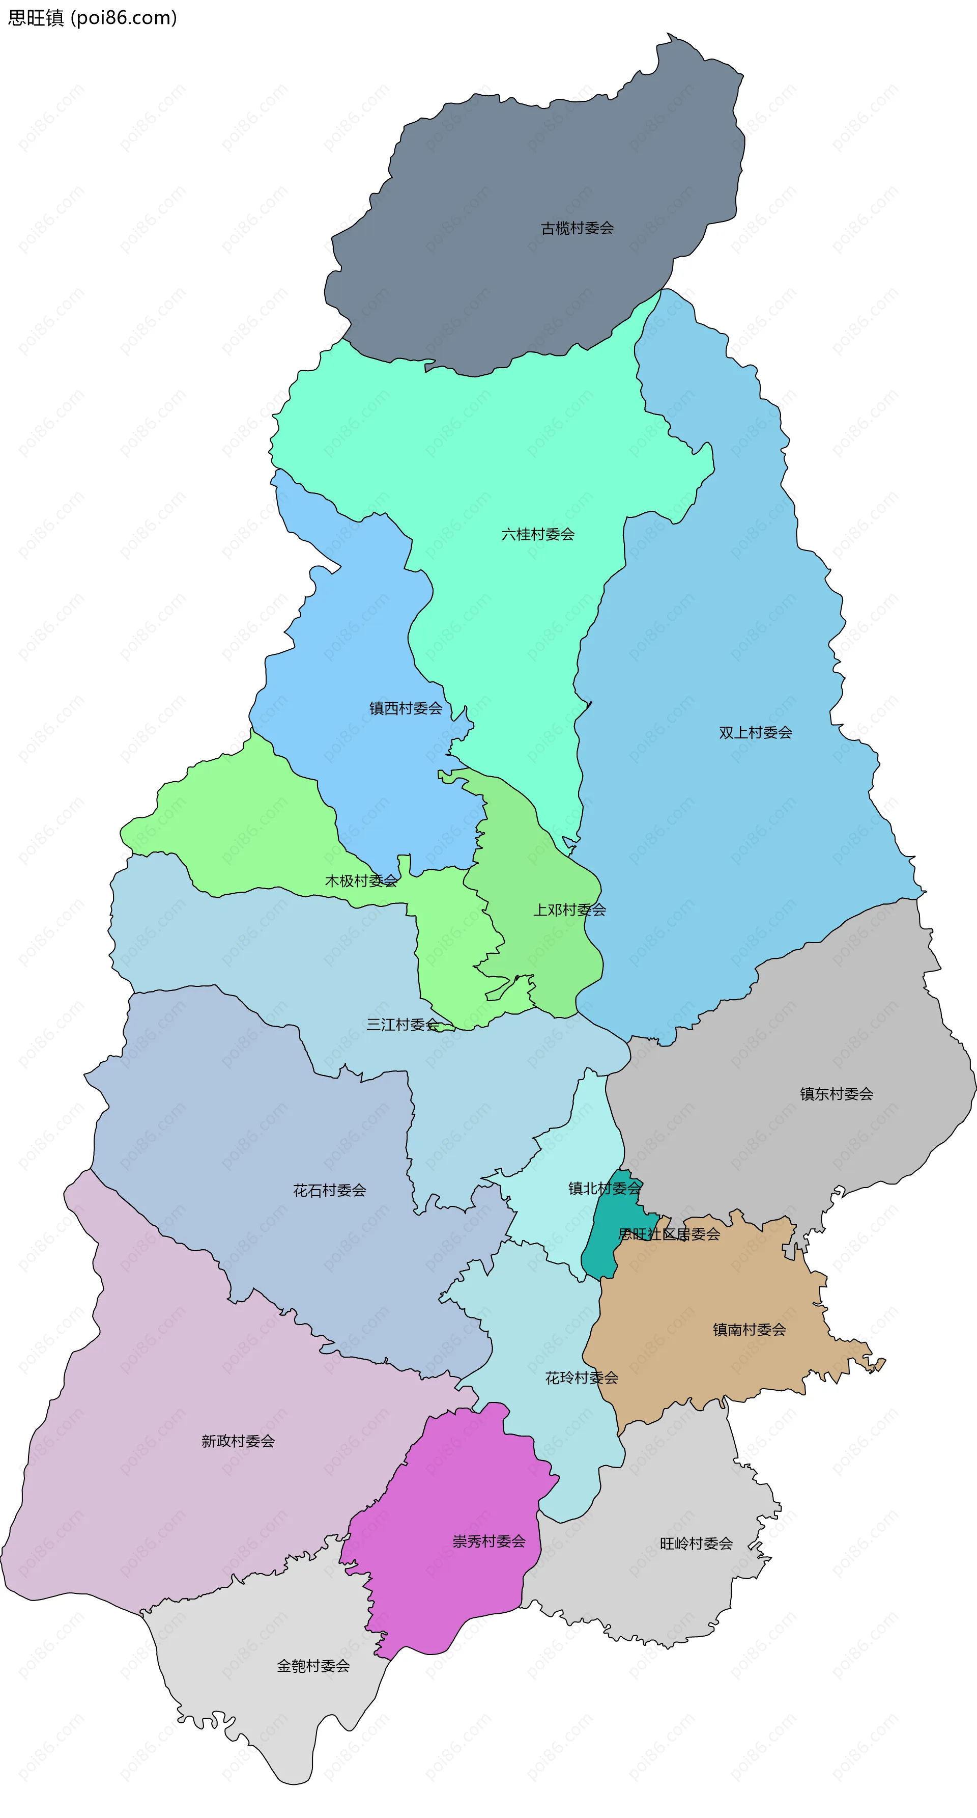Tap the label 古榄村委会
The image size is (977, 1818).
tap(577, 228)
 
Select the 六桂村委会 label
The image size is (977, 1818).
tap(537, 534)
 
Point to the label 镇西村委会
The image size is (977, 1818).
tap(406, 708)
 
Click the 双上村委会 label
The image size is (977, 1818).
tap(756, 733)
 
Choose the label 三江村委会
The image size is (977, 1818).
tap(402, 1024)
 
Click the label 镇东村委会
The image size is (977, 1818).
tap(837, 1094)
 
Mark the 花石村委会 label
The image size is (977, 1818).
tap(329, 1191)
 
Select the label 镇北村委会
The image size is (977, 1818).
tap(605, 1189)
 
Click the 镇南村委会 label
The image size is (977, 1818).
tap(749, 1330)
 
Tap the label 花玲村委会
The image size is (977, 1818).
tap(581, 1378)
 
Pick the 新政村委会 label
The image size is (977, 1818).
tap(238, 1441)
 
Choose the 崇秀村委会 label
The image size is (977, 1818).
tap(489, 1541)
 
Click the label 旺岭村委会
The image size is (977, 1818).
tap(696, 1544)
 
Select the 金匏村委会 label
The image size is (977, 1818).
tap(313, 1666)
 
